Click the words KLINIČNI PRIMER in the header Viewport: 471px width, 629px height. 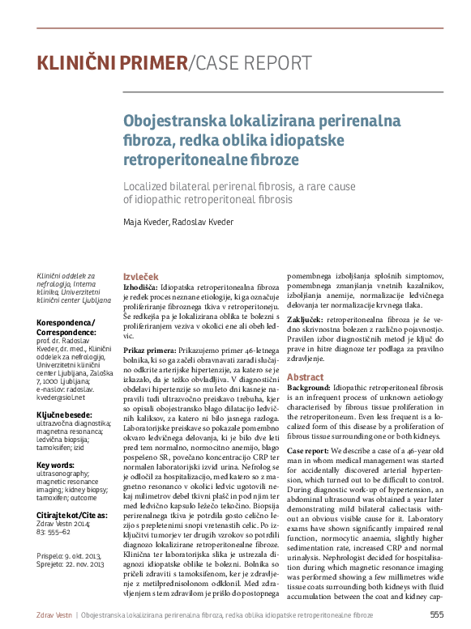click(x=111, y=63)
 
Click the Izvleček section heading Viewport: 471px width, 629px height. click(x=141, y=276)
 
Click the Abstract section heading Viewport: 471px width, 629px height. click(x=305, y=377)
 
